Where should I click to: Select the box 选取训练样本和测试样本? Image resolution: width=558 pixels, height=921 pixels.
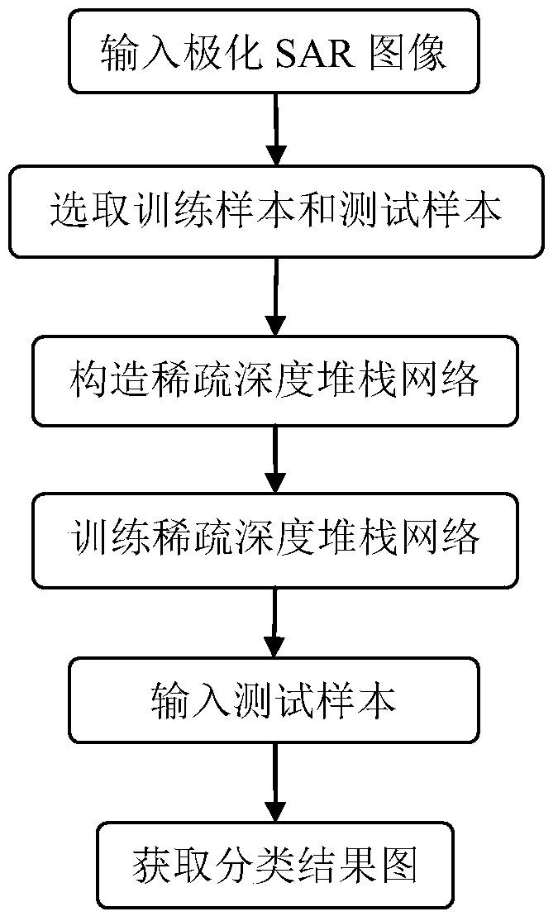click(x=276, y=211)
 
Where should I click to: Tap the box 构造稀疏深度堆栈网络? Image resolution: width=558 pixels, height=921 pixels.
click(x=274, y=380)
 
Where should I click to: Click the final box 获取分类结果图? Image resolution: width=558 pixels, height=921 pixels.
click(x=274, y=867)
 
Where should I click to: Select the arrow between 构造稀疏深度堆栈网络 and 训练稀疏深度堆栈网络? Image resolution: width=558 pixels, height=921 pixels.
click(x=274, y=459)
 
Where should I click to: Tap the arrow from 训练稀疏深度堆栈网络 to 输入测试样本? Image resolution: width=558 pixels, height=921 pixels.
click(x=274, y=619)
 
